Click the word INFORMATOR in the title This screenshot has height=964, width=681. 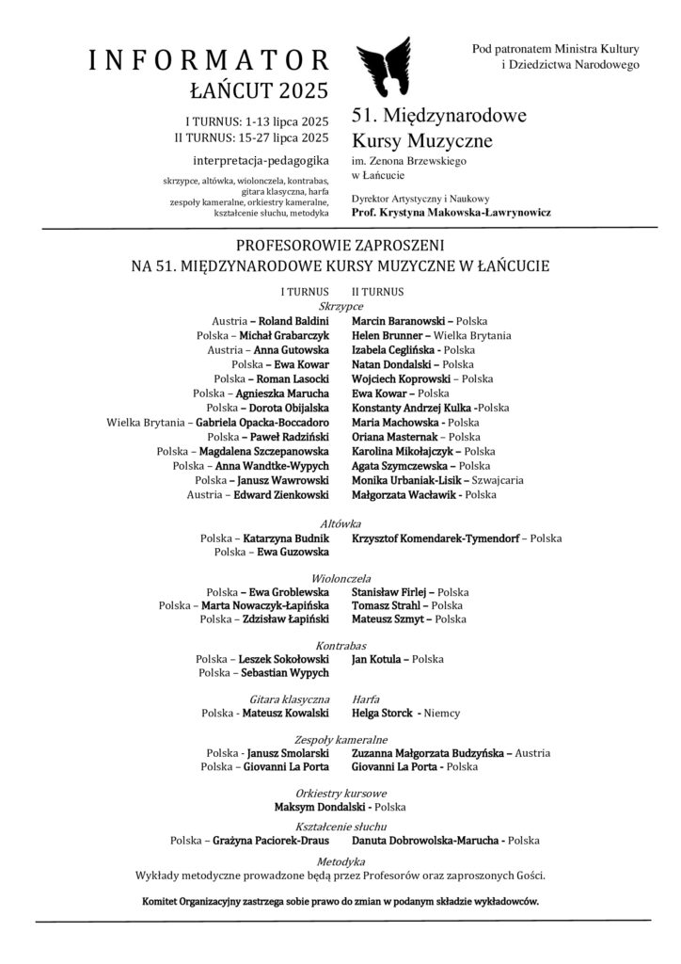208,61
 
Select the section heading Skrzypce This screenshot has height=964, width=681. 340,307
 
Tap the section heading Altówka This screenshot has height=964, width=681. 340,523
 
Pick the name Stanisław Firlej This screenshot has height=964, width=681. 388,591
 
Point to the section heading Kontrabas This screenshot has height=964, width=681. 340,645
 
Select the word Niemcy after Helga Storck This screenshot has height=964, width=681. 442,713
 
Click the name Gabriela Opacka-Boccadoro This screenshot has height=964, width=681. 263,423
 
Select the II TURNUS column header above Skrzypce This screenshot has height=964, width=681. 377,292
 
